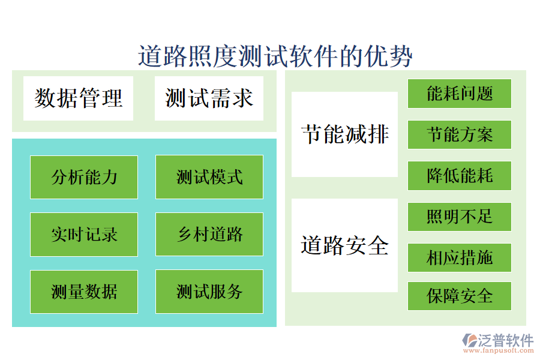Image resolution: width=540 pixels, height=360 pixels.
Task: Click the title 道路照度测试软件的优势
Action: pos(275,56)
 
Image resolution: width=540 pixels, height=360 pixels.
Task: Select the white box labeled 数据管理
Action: pos(78,98)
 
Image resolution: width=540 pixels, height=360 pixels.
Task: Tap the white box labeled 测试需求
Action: pos(209,98)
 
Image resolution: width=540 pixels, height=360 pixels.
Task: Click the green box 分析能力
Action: pos(84,177)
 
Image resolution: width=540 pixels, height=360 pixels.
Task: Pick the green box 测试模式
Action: pos(209,177)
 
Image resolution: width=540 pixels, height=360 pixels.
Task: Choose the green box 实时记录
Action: pos(84,234)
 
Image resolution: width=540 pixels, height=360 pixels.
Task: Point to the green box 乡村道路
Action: pos(209,234)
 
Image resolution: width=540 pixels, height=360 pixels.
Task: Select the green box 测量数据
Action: pos(84,292)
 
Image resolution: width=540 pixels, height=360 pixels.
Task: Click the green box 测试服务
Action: pos(209,292)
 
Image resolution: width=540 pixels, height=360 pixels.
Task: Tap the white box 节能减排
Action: pos(344,134)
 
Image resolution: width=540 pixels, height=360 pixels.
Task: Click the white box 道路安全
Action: pos(344,245)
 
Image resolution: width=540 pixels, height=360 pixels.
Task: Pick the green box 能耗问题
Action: pos(460,94)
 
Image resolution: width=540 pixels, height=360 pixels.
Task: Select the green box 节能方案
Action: pos(460,134)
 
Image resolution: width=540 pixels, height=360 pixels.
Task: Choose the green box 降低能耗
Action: pos(460,175)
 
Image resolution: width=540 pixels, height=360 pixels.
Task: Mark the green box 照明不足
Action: pos(460,217)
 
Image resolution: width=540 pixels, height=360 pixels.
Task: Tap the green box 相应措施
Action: pos(460,257)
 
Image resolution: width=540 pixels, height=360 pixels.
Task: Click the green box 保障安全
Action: pos(460,296)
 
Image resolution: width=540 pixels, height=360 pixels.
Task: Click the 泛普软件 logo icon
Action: pos(469,341)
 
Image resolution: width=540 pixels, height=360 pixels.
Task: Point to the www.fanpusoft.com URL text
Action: pos(501,350)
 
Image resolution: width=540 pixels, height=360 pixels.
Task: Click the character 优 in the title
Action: pos(376,56)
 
